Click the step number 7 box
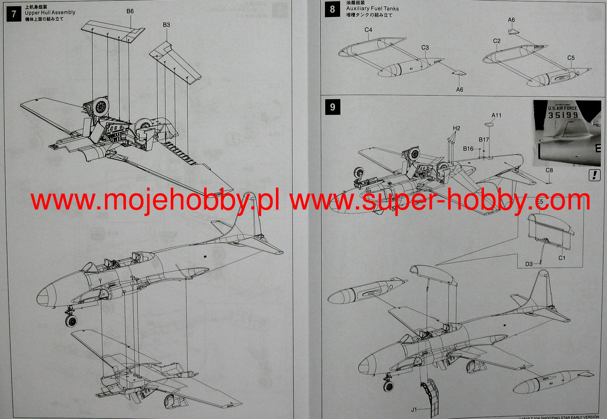coord(14,14)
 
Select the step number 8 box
coord(332,9)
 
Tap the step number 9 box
coord(332,107)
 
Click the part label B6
coord(130,11)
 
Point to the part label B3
coord(166,25)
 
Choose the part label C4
coord(368,30)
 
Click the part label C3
coord(425,47)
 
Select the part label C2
coord(497,41)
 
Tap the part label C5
coord(571,58)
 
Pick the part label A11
coord(496,115)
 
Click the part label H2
coord(456,128)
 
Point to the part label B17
coord(484,140)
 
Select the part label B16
coord(468,149)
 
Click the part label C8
coord(549,170)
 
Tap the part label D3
coord(529,264)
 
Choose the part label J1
coord(414,410)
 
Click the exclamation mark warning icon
coord(594,175)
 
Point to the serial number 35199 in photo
coord(563,115)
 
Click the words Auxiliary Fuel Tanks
coord(373,9)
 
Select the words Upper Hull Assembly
coord(50,12)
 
